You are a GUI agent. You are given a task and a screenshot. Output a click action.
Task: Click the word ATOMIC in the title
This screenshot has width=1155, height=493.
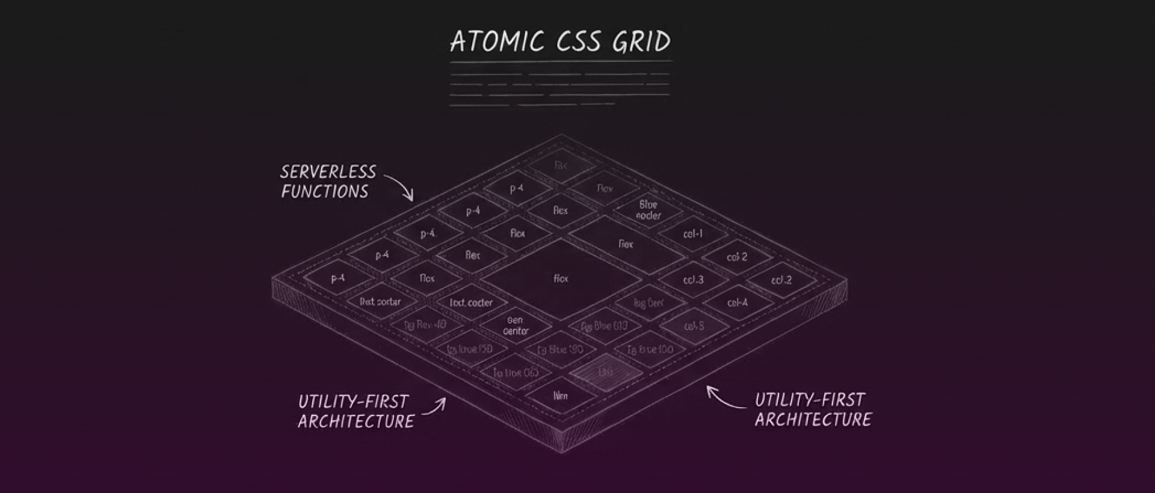coord(497,42)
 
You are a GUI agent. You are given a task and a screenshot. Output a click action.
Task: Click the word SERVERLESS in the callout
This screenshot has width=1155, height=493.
coord(328,173)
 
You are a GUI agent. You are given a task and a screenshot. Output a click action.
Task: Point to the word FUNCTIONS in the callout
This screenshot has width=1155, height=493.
coord(325,192)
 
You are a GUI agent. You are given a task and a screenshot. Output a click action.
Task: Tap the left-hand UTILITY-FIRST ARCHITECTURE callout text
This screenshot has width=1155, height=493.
coord(355,411)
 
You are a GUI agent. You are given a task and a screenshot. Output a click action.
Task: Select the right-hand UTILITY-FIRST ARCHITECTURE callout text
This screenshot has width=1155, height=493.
coord(812,409)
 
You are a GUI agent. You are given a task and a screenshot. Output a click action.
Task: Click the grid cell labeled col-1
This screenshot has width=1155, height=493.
coord(693,233)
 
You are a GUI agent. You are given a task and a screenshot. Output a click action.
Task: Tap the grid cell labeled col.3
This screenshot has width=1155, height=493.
coord(693,280)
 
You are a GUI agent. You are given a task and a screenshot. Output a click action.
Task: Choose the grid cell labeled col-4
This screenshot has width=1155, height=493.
coord(738,302)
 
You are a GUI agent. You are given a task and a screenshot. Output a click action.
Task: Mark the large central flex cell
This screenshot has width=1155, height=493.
coord(561,278)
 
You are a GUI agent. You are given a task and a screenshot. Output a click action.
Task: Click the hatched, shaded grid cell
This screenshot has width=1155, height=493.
coord(606,372)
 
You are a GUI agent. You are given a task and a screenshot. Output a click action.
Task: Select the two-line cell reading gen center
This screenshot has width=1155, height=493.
coord(516,326)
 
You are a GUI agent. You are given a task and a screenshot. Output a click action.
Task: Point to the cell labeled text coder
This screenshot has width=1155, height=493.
coord(471,302)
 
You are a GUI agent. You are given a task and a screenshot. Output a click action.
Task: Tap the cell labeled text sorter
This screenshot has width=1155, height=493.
coord(380,301)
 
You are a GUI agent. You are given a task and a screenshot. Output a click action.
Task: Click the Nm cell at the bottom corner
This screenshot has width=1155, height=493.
coord(560,396)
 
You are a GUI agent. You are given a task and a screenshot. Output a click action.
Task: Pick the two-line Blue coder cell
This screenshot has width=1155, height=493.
coord(648,210)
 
